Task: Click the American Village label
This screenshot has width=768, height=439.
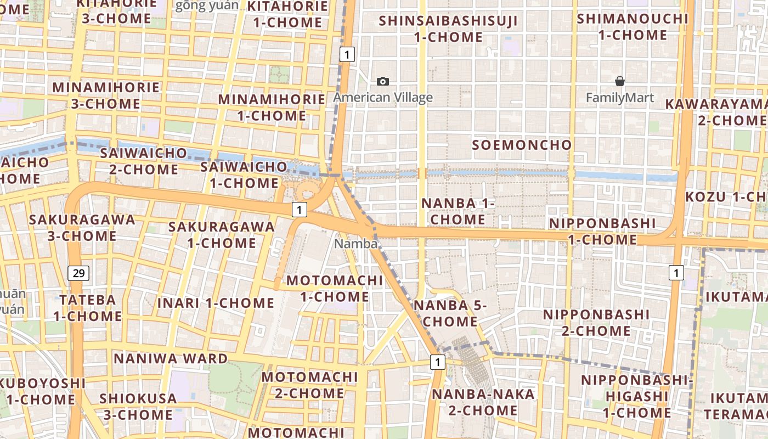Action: (x=383, y=98)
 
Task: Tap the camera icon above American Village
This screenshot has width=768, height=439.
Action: (x=383, y=82)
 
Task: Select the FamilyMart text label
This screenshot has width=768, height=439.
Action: (x=619, y=98)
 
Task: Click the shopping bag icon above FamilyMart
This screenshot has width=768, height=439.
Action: (x=620, y=82)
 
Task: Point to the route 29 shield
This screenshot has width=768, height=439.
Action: (x=79, y=273)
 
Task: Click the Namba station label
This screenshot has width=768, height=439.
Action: (x=356, y=244)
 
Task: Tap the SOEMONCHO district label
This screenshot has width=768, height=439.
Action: (x=522, y=145)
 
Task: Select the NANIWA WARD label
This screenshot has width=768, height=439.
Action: (x=170, y=359)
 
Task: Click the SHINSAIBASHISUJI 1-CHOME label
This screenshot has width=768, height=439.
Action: (x=448, y=29)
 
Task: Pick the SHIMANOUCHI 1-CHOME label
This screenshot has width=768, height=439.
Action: (x=633, y=26)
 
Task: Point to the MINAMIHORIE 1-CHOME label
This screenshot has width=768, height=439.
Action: (x=272, y=108)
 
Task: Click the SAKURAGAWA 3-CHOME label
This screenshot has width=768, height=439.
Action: (x=82, y=228)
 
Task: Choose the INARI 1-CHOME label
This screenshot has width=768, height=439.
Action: (x=216, y=303)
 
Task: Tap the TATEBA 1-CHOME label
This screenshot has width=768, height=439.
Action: (x=88, y=308)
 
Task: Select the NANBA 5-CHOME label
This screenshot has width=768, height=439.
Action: (x=450, y=313)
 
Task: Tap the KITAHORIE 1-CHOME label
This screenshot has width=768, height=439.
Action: (x=287, y=14)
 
